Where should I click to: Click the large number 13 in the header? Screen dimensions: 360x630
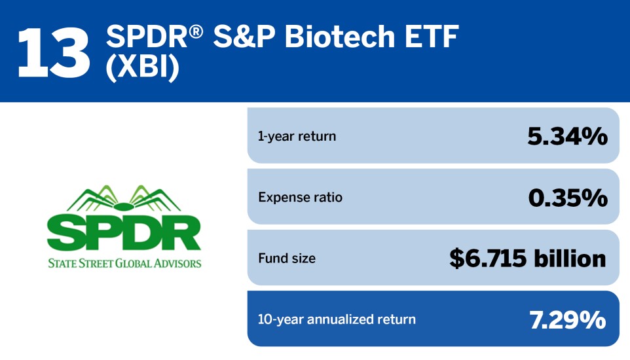(x=54, y=51)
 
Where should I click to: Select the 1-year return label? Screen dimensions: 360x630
(x=297, y=136)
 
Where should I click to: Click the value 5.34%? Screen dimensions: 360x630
(x=567, y=136)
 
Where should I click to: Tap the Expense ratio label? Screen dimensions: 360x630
(x=300, y=197)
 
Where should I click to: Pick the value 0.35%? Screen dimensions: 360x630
(x=568, y=197)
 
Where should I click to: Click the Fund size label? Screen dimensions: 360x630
(x=286, y=258)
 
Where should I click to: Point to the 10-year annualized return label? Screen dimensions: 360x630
(x=337, y=319)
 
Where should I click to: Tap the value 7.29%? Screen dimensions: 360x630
(x=567, y=319)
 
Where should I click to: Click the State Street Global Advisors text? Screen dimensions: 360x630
(x=124, y=264)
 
